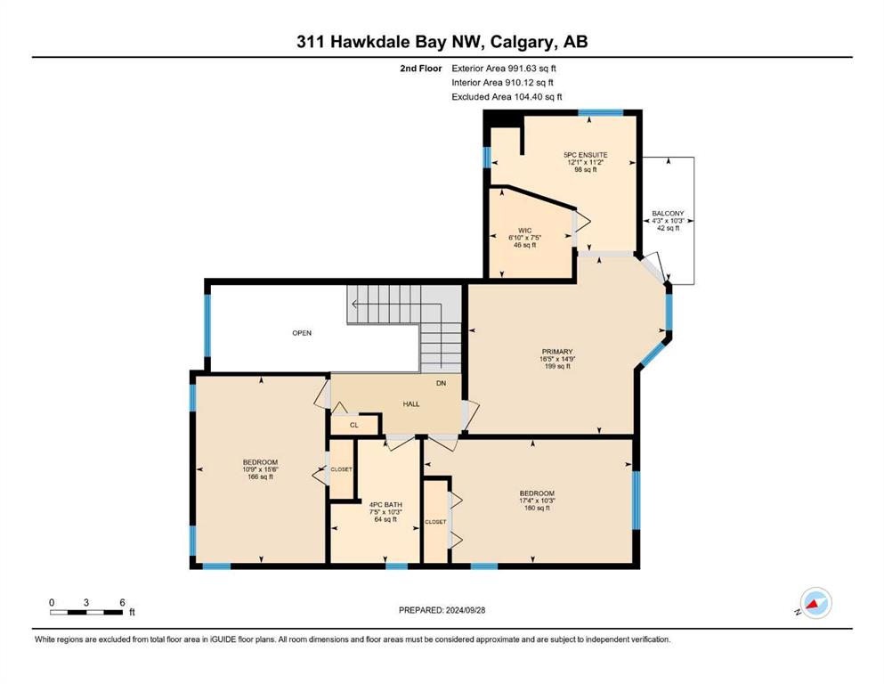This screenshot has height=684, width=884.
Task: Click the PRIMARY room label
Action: [x=557, y=351]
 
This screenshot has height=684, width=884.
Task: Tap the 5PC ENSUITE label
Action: [x=585, y=154]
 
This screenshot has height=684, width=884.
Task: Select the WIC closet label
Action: [x=525, y=231]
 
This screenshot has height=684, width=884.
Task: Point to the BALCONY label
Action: [x=668, y=214]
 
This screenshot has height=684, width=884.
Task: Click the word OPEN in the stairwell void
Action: [x=302, y=333]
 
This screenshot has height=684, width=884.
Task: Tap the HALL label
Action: [x=411, y=403]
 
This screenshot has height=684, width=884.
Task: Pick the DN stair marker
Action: [x=441, y=383]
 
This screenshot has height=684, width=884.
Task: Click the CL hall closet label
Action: [x=354, y=425]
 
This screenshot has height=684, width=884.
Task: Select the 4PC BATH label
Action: [x=385, y=505]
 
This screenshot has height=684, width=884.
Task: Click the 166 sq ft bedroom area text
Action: [x=261, y=476]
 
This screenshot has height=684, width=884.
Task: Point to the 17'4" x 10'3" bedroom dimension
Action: [x=537, y=501]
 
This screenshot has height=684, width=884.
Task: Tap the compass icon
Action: [x=815, y=603]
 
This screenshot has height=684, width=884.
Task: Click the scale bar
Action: [x=86, y=612]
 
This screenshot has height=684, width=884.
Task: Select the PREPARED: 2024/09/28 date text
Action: [x=442, y=610]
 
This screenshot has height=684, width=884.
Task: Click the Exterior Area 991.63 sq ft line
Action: [x=504, y=69]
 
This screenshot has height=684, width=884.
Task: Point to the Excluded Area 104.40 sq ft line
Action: [x=507, y=96]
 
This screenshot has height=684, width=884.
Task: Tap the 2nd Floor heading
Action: [x=421, y=69]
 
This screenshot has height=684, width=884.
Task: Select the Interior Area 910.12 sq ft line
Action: [x=502, y=82]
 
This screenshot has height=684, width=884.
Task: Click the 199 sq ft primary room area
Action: [x=557, y=366]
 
